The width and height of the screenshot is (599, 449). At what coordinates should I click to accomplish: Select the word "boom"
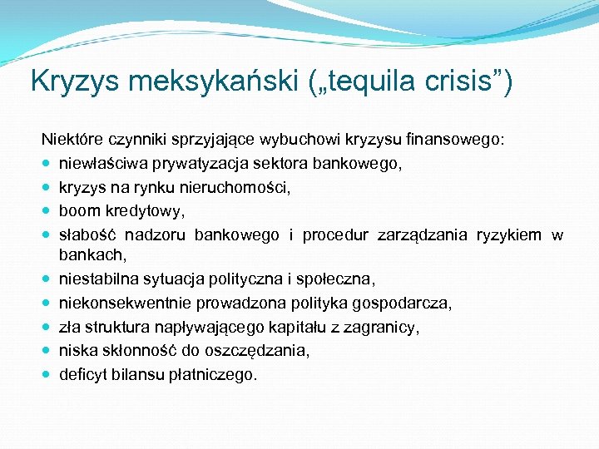pos(78,211)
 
